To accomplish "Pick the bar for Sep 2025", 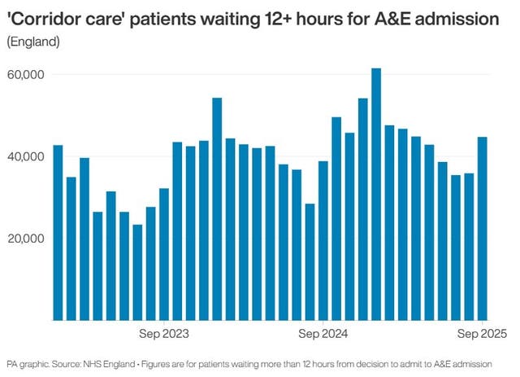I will pyautogui.click(x=483, y=228).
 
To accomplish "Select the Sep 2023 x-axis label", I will pyautogui.click(x=164, y=334).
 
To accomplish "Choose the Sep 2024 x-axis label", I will pyautogui.click(x=323, y=334).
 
